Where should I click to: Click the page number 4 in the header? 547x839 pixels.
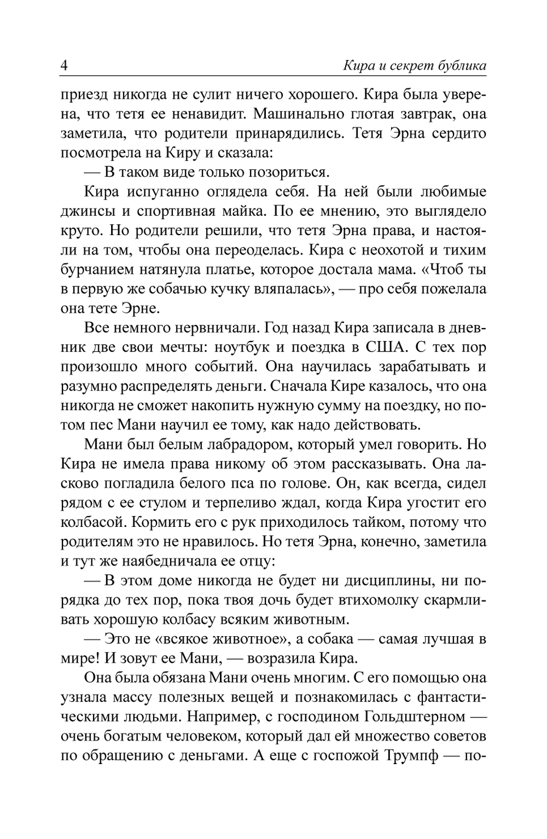point(64,66)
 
